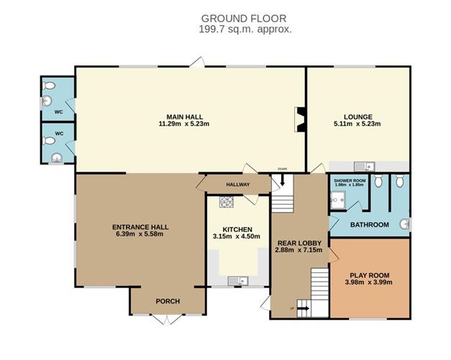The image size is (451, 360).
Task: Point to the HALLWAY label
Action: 237,185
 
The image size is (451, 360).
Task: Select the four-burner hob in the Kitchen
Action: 227,203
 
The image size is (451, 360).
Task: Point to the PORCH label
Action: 167,301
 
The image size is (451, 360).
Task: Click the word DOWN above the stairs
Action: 282,170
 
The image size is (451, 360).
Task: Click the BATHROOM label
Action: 369,225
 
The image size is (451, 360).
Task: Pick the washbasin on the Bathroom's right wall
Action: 404,225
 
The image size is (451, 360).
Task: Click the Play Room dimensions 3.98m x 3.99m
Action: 368,282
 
